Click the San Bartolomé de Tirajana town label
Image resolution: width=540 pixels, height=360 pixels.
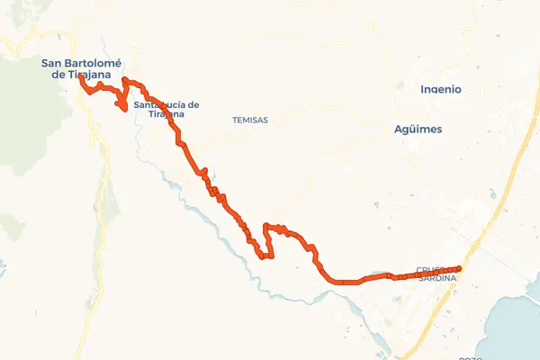81,68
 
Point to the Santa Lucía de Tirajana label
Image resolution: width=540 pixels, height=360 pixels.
166,110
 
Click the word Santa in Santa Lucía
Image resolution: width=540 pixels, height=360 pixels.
146,105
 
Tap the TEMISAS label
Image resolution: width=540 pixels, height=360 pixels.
250,120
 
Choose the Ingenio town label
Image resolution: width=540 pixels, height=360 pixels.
441,89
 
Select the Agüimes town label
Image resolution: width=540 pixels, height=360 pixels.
418,130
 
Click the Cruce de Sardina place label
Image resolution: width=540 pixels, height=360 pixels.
437,274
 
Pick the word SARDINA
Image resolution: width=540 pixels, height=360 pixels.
437,279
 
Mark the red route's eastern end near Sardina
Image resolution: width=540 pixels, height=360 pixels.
458,268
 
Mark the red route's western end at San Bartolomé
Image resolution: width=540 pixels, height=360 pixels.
81,77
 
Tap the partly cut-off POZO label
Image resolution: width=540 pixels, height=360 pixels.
470,357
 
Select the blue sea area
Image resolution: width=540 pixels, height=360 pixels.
513,324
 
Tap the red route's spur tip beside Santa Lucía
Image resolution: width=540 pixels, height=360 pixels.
121,109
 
